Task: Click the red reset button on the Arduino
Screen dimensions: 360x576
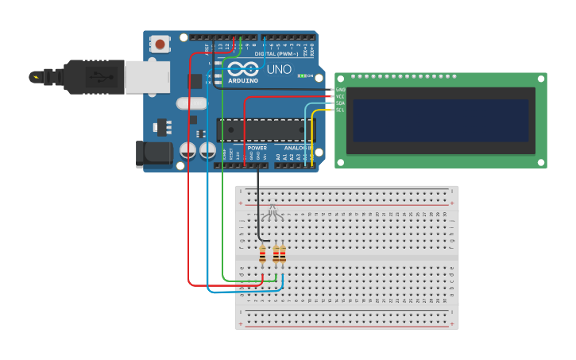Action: [161, 45]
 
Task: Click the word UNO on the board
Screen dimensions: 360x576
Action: [278, 70]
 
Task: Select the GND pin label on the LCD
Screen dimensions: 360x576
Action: [340, 90]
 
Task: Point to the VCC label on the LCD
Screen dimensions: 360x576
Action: [340, 96]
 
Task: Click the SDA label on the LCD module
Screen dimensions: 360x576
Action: [340, 103]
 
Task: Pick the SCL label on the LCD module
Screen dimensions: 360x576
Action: [340, 110]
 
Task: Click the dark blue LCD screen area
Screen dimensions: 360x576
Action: [440, 120]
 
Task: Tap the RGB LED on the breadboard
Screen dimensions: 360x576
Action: [273, 211]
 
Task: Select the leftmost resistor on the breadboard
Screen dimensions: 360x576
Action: [262, 254]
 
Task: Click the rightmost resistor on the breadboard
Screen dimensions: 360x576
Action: [282, 254]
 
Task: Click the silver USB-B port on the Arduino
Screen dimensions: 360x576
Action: [148, 76]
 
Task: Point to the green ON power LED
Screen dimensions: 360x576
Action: [302, 75]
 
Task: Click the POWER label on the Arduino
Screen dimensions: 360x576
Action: [257, 148]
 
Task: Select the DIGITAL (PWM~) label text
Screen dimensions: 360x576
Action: [276, 53]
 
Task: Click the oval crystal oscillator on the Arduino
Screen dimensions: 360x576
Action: [191, 103]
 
